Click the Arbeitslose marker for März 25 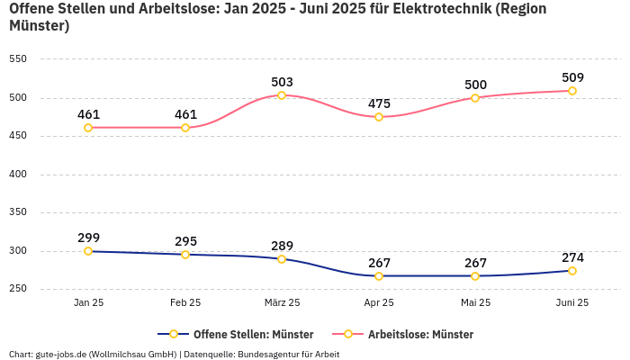[282, 95]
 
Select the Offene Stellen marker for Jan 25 [88, 251]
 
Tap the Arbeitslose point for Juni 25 [572, 91]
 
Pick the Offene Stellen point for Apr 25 [379, 276]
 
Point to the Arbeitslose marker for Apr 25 [379, 117]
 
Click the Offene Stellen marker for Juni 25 [572, 271]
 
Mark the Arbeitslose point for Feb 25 [185, 128]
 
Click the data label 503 [282, 82]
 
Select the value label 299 [88, 238]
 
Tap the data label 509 [572, 77]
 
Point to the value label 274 [572, 257]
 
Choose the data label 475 [379, 103]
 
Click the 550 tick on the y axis [18, 59]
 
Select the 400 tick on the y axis [18, 175]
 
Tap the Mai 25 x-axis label [475, 302]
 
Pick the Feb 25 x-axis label [185, 302]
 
